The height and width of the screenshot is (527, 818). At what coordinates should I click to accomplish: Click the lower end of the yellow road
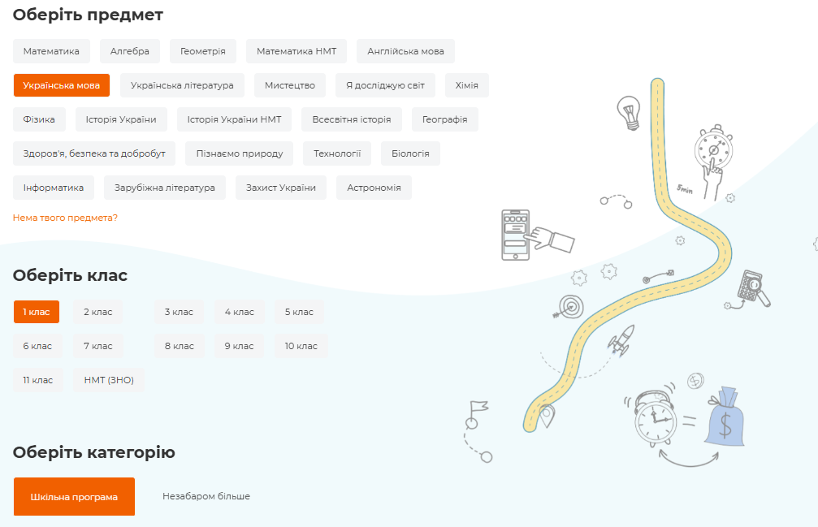(530, 428)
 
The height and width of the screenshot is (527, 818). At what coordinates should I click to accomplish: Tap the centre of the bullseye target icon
(572, 305)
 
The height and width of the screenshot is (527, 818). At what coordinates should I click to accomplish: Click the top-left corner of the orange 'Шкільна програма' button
(14, 477)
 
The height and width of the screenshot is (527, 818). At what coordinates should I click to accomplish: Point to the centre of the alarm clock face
(656, 420)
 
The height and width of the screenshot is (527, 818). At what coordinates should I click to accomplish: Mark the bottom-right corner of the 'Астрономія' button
(412, 200)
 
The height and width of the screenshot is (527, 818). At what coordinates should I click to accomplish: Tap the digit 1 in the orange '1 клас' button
(24, 313)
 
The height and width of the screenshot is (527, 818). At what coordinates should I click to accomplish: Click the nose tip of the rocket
(633, 326)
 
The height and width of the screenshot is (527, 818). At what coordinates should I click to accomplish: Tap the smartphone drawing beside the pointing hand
(516, 235)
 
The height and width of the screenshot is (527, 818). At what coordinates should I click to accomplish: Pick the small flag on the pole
(479, 406)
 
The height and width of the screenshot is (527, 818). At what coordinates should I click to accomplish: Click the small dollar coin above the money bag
(695, 381)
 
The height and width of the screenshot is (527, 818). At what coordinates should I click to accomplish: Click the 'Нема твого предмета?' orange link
(65, 218)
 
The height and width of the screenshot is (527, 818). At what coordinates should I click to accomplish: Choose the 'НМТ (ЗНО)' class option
(109, 380)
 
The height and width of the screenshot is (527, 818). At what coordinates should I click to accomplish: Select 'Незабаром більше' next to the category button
(206, 496)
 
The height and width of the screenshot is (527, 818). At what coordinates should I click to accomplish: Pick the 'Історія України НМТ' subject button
(234, 119)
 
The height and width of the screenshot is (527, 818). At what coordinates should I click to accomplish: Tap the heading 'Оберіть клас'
(70, 275)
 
